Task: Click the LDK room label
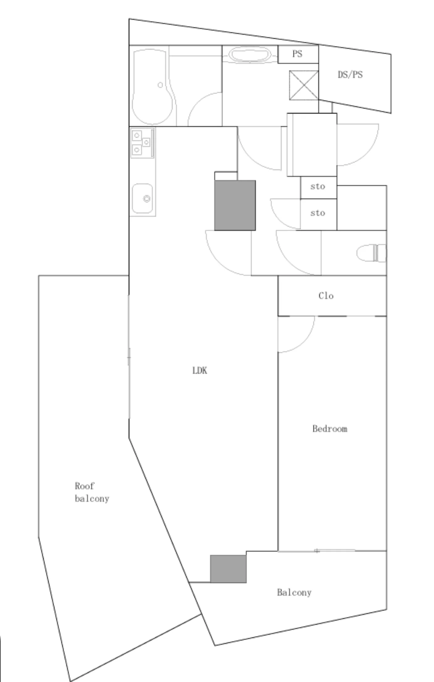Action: [x=200, y=370]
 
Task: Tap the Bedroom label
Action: [x=330, y=429]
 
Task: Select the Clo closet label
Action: [x=326, y=296]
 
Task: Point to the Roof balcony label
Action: [x=92, y=492]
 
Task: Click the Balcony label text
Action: [x=294, y=592]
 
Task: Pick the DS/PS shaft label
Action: [x=350, y=75]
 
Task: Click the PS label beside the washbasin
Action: [x=297, y=54]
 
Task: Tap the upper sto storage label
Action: [x=318, y=187]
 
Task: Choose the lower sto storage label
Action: [x=318, y=213]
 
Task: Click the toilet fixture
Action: [x=371, y=253]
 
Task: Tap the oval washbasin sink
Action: [x=250, y=55]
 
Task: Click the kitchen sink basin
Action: [x=142, y=199]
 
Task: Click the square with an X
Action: [x=304, y=85]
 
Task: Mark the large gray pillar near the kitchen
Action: [x=235, y=205]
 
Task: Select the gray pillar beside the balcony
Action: [x=228, y=569]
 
